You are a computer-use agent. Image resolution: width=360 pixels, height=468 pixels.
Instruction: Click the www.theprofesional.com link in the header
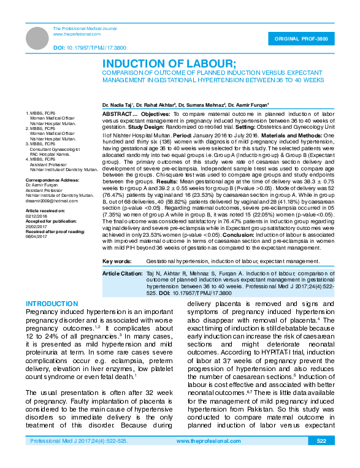pos(73,34)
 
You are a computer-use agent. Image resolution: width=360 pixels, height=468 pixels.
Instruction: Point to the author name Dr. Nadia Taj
pos(118,106)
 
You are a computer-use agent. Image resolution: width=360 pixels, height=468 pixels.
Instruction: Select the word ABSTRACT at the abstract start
pos(116,114)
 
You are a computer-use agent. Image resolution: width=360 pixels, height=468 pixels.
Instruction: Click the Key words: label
pos(120,261)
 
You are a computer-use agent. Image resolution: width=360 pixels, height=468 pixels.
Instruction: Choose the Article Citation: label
pos(123,272)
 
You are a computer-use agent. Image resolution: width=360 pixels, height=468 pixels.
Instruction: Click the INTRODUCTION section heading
pos(52,304)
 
